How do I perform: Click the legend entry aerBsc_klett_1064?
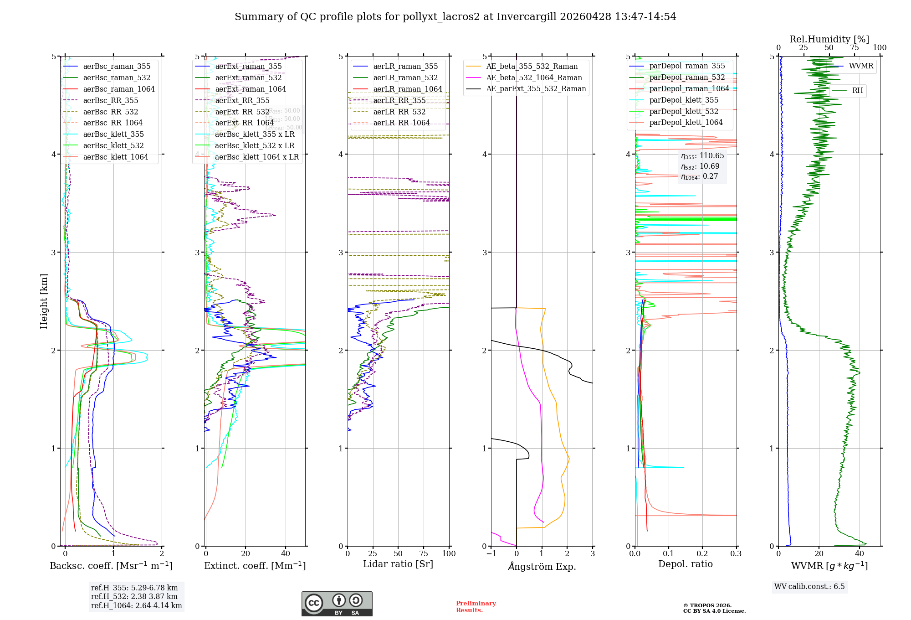click(115, 157)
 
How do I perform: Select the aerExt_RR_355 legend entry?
click(242, 100)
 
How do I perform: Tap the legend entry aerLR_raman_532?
click(405, 78)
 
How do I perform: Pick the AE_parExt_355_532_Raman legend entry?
click(536, 89)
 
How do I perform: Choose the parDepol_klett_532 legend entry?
click(683, 111)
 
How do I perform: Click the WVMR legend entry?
click(861, 66)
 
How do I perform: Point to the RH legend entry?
click(857, 91)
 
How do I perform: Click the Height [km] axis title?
click(44, 301)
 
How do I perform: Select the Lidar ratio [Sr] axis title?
click(398, 564)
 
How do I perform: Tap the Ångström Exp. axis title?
click(542, 566)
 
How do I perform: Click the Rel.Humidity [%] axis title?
click(829, 39)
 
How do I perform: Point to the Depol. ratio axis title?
click(685, 564)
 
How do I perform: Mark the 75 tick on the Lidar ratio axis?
click(424, 553)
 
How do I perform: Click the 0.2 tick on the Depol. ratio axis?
click(702, 553)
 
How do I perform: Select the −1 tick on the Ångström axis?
click(491, 553)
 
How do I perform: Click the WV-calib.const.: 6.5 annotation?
click(809, 586)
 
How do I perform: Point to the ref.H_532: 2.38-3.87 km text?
click(134, 596)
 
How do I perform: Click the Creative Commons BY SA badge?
click(337, 604)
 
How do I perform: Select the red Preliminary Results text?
click(476, 607)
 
